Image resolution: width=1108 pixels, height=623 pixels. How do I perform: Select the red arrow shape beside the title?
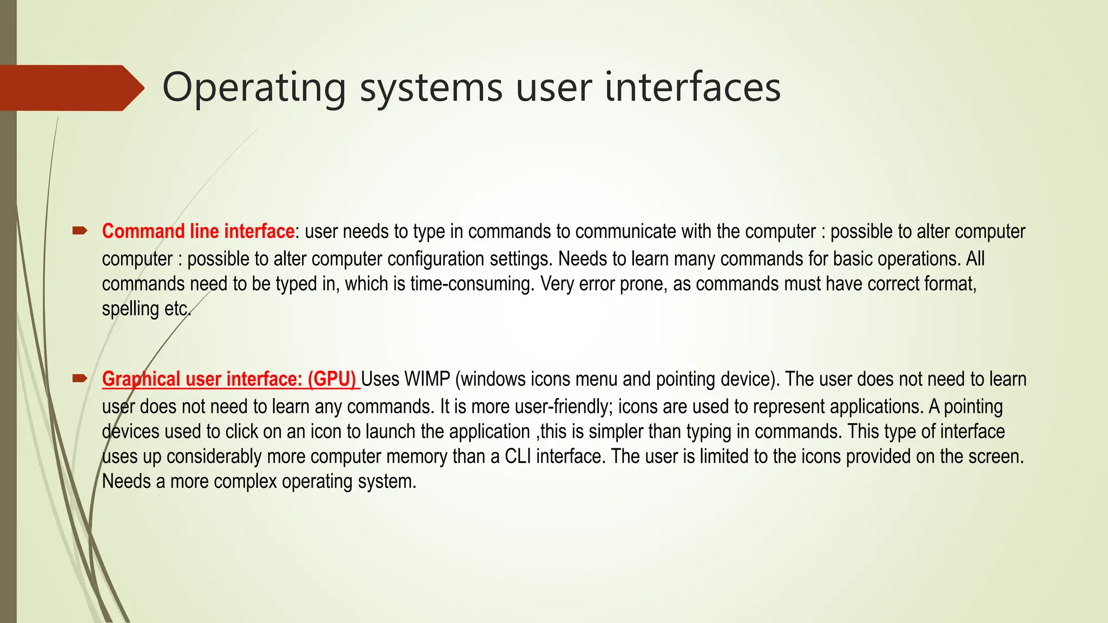70,88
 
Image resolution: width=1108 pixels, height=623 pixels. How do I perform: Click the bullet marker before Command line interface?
80,231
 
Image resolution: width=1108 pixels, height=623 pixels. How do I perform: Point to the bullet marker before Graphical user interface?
80,379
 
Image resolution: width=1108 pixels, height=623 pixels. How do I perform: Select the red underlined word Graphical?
141,379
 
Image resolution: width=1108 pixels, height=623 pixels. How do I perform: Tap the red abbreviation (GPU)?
332,379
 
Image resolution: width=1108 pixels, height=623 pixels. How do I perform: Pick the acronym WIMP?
427,379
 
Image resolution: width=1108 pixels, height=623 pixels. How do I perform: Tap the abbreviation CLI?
518,456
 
